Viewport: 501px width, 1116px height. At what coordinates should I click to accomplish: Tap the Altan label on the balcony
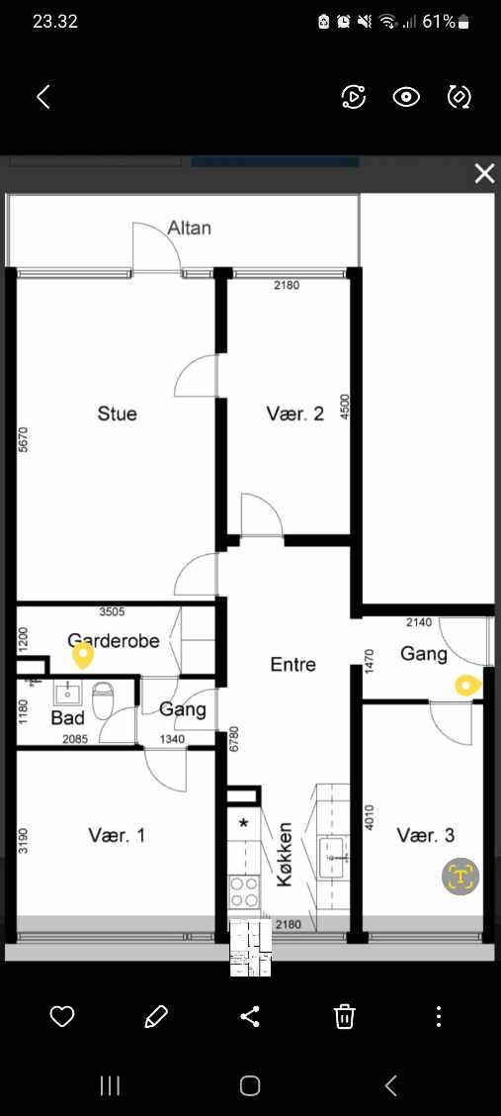(189, 228)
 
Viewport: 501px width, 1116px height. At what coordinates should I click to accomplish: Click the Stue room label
(118, 414)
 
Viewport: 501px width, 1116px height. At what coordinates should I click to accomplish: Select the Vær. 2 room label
(294, 414)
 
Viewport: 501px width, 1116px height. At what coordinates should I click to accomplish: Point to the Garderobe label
(114, 640)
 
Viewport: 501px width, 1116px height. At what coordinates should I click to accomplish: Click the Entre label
(292, 664)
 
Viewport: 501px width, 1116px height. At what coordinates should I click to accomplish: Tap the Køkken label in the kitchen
(285, 854)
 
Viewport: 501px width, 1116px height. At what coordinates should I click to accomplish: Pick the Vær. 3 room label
(426, 835)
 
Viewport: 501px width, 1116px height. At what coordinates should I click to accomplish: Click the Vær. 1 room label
(117, 835)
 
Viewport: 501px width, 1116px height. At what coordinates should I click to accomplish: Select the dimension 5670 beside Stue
(23, 439)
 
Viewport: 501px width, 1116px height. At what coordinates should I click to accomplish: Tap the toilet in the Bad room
(104, 698)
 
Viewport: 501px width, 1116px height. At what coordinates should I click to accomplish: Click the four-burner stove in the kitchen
(244, 891)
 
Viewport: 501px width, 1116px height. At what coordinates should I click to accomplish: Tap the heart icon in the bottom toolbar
(62, 1016)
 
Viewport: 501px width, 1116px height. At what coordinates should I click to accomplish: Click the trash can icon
(345, 1016)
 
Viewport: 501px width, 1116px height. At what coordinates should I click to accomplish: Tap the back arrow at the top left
(43, 97)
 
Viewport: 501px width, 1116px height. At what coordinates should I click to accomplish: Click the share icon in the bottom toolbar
(250, 1016)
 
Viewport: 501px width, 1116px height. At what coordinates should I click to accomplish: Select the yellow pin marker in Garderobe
(83, 656)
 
